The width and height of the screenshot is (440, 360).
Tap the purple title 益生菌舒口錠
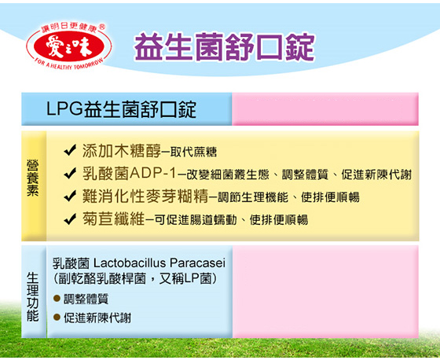[225, 47]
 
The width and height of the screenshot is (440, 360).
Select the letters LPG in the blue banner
[64, 108]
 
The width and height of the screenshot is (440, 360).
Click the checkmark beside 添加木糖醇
[70, 151]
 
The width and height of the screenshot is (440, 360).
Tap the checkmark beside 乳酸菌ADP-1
[70, 174]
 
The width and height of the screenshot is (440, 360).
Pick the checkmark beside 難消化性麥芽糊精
[70, 197]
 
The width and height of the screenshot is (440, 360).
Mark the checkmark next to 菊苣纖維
[70, 219]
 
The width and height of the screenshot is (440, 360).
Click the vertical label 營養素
[33, 178]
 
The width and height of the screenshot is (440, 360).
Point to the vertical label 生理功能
[33, 296]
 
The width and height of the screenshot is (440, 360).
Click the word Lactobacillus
[129, 263]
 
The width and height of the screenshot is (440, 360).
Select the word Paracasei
[197, 263]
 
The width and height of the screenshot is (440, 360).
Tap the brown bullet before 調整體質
[57, 298]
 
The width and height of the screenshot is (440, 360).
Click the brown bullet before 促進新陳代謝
[57, 318]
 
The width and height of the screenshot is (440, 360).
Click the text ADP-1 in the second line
[153, 173]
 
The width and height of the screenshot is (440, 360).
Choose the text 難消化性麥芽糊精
[145, 196]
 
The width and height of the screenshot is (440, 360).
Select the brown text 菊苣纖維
[113, 219]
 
